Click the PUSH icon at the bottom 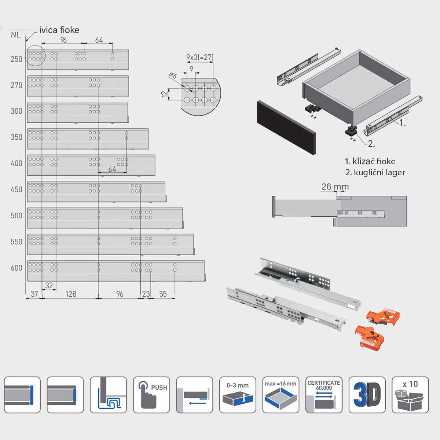(x=151, y=395)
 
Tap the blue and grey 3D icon (x=367, y=395)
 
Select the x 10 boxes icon (x=410, y=395)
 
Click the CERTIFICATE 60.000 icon (x=324, y=395)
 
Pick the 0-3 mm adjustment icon (x=238, y=395)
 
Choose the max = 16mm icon (x=280, y=395)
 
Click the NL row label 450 (x=16, y=190)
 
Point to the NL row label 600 (x=16, y=268)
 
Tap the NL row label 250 (x=16, y=59)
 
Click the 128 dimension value (x=71, y=294)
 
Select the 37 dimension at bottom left (x=34, y=294)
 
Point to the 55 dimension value (x=163, y=294)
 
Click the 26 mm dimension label (x=335, y=187)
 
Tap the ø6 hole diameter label (x=173, y=76)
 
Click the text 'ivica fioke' (x=59, y=30)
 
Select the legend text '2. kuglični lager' (x=375, y=172)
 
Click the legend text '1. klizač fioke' (x=370, y=161)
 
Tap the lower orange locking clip (x=370, y=337)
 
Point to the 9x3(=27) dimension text (x=199, y=57)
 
